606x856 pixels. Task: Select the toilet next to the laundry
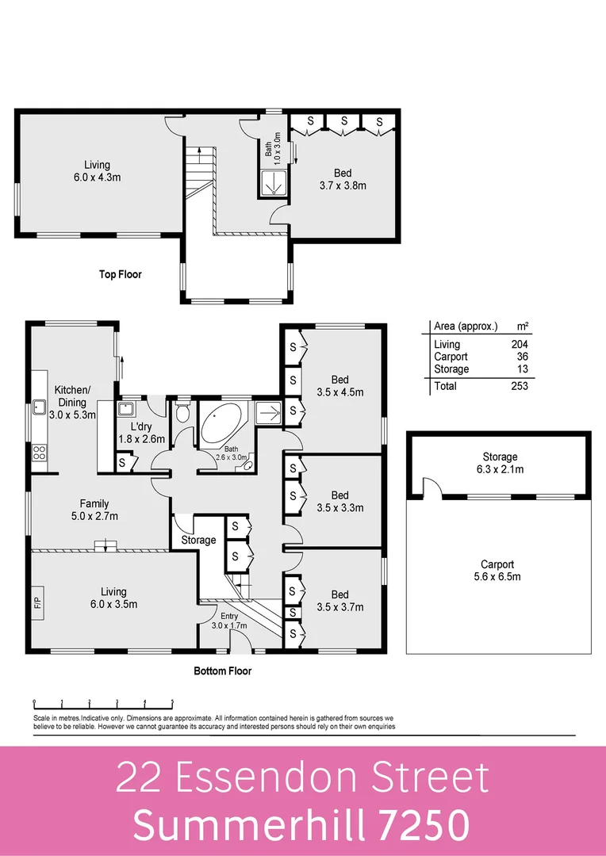pos(182,413)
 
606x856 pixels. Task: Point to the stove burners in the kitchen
pos(38,453)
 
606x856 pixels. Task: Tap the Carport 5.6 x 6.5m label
pos(497,570)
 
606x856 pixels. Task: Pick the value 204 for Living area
pos(519,344)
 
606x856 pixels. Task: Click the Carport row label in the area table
pos(451,357)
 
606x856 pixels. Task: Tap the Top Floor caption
pos(120,275)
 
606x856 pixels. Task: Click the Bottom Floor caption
pos(223,671)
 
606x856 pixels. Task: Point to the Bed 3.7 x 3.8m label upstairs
pos(343,179)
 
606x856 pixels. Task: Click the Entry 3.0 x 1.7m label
pos(229,621)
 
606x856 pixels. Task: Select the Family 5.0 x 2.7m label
pos(94,510)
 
